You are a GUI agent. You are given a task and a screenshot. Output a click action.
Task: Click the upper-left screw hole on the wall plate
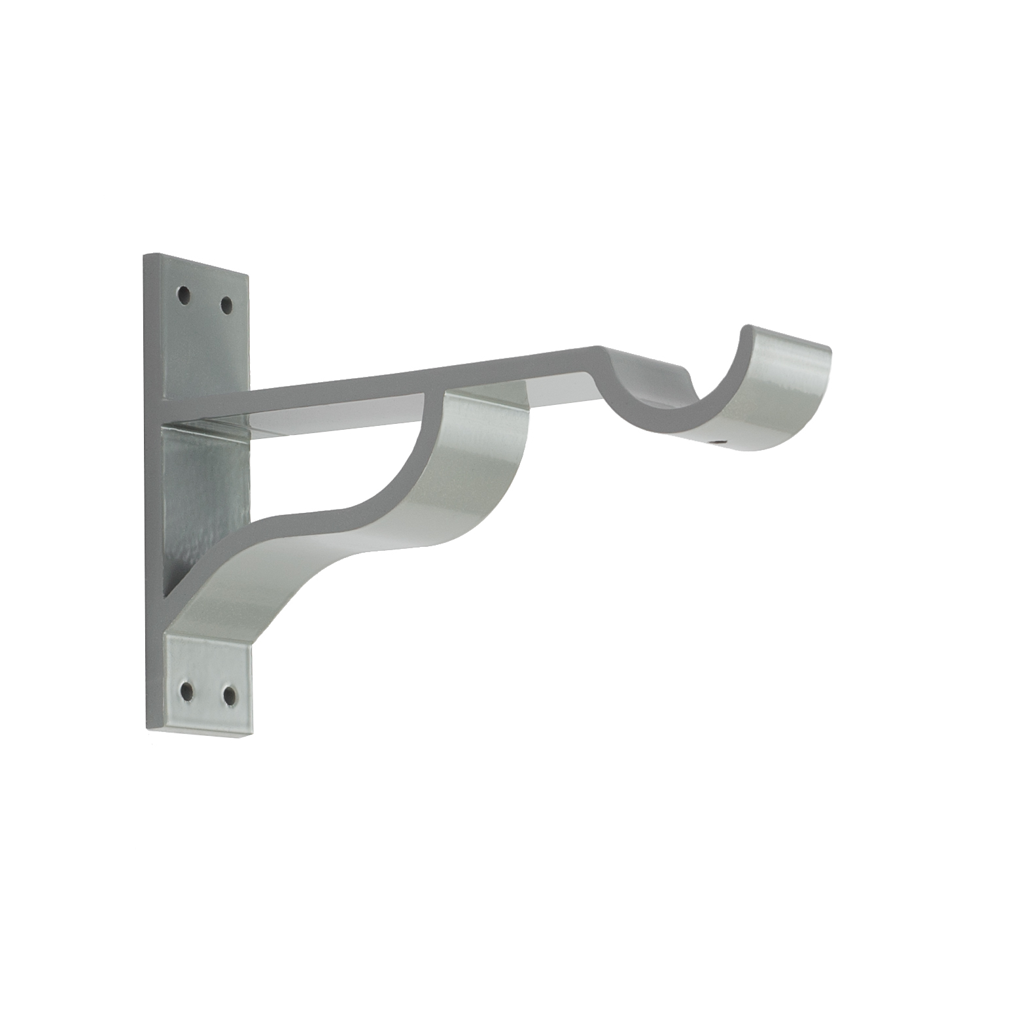(x=185, y=295)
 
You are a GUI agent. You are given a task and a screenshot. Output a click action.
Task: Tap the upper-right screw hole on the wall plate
(x=226, y=304)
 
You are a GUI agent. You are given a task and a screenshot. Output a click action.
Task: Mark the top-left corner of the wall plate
(x=145, y=254)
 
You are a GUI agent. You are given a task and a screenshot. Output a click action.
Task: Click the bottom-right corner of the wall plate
(x=251, y=738)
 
